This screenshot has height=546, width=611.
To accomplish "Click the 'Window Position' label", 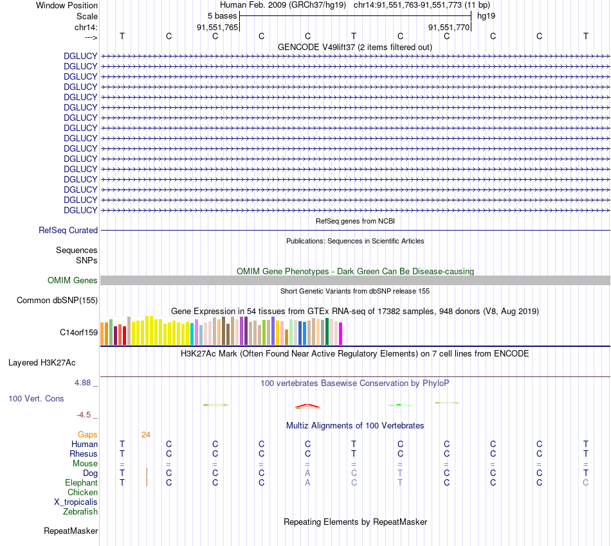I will pyautogui.click(x=67, y=5).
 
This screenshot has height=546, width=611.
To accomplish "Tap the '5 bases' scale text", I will pyautogui.click(x=223, y=15).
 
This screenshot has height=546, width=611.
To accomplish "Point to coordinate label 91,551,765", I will pyautogui.click(x=217, y=27).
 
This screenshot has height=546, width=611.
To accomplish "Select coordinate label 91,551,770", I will pyautogui.click(x=449, y=27).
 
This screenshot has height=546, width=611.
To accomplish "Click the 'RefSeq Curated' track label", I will pyautogui.click(x=68, y=230).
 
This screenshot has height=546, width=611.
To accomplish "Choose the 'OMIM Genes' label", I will pyautogui.click(x=73, y=280).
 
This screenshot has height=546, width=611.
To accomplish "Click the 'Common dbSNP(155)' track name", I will pyautogui.click(x=57, y=300).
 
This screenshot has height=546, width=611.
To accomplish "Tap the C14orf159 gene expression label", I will pyautogui.click(x=78, y=332).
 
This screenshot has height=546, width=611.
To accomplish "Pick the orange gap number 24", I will pyautogui.click(x=146, y=435).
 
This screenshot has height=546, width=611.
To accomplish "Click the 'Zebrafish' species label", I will pyautogui.click(x=80, y=512).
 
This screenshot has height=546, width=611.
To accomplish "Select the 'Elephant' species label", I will pyautogui.click(x=81, y=483).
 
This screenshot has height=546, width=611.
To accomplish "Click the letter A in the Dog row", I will pyautogui.click(x=307, y=473).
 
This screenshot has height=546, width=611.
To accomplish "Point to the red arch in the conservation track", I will pyautogui.click(x=307, y=405).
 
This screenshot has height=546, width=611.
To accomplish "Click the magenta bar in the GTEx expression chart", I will pyautogui.click(x=340, y=333).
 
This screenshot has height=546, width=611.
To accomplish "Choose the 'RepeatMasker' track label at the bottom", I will pyautogui.click(x=71, y=531).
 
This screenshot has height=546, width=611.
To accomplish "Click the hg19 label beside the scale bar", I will pyautogui.click(x=486, y=15).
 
